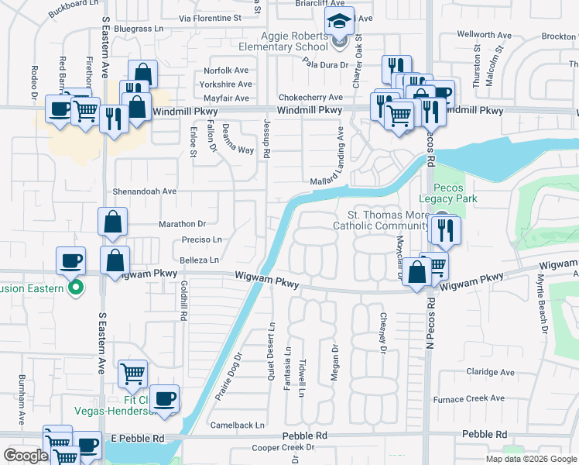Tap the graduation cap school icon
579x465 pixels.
coord(338,22)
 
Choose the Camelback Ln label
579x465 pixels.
coord(238,425)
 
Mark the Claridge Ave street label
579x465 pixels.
coord(490,372)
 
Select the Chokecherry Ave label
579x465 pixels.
coord(310,98)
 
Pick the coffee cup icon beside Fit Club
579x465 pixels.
coord(164,399)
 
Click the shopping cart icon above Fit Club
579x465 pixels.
coord(132,374)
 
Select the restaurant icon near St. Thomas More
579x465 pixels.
coord(446,229)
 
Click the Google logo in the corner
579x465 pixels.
coord(25,456)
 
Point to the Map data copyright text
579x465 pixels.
coord(531,459)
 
